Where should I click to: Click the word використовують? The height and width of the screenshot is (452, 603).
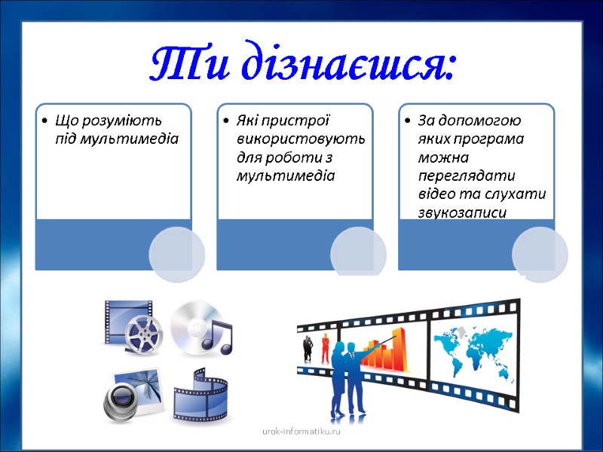[x=301, y=139]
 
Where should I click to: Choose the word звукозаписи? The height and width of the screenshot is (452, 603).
[x=462, y=213]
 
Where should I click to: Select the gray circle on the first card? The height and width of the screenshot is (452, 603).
[x=177, y=254]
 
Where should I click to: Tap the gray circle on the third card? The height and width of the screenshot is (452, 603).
[x=540, y=254]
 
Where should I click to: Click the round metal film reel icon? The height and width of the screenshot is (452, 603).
[x=143, y=334]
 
